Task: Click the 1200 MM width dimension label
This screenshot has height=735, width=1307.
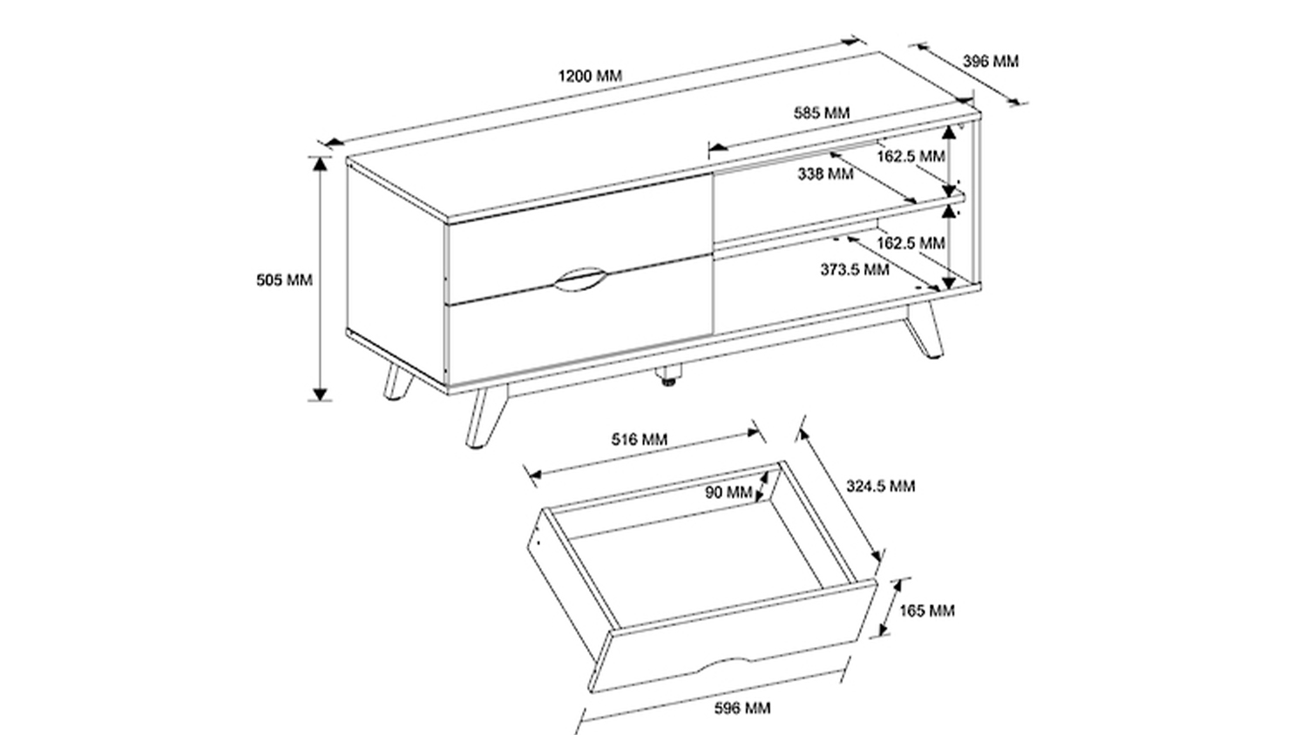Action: coord(590,76)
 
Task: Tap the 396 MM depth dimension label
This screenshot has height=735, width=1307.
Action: coord(990,61)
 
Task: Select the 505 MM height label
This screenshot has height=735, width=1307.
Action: coord(284,280)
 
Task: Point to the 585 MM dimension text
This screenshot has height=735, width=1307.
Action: coord(822,112)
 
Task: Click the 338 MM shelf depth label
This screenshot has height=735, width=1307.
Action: coord(826,174)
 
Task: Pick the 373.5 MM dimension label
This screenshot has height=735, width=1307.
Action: coord(855,269)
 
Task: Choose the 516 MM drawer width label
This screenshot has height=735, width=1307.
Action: coord(639,439)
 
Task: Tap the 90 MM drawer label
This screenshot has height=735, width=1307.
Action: coord(728,492)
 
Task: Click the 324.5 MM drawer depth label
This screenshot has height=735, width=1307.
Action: coord(880,486)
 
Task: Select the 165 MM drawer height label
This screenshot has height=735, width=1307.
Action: coord(926,610)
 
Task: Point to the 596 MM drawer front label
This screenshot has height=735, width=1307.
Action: coord(742,708)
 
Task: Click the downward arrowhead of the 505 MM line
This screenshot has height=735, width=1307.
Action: coord(319,394)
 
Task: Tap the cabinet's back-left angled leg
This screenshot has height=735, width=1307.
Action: coord(398,382)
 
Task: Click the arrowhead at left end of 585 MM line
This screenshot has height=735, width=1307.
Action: coord(718,147)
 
